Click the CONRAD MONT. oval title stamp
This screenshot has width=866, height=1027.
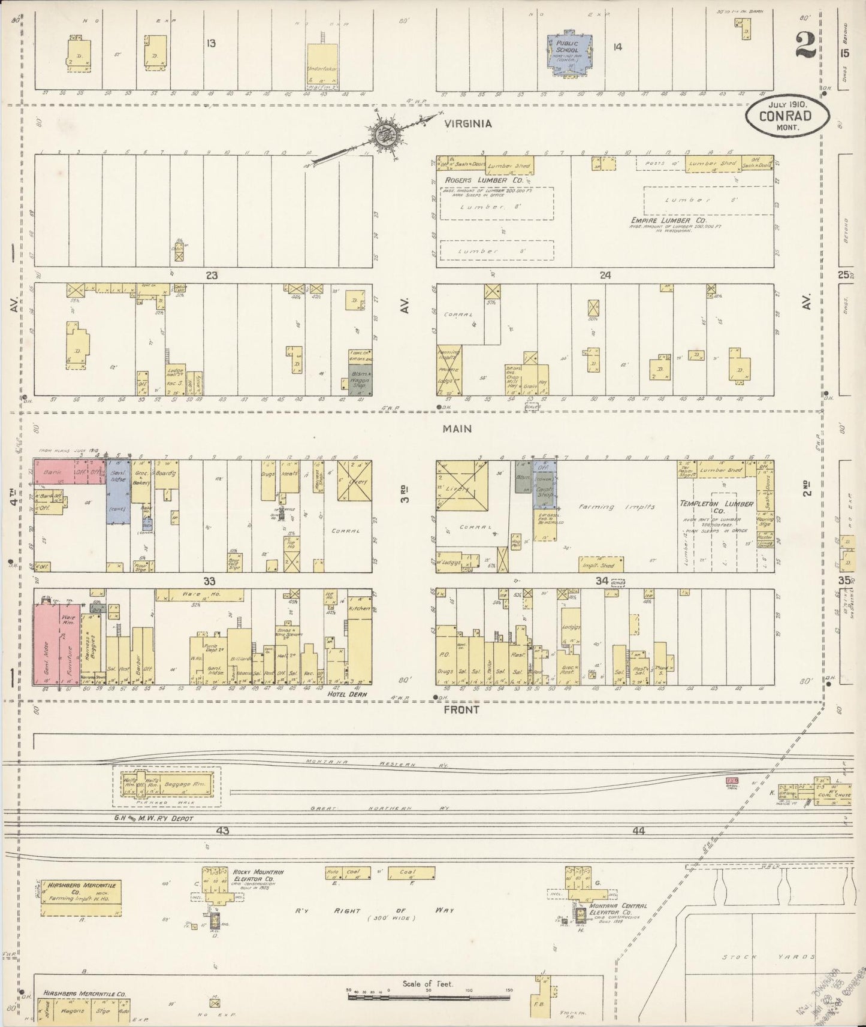click(787, 115)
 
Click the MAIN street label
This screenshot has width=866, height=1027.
click(457, 428)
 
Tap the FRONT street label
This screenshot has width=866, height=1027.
click(461, 709)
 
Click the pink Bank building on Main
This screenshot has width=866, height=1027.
click(54, 472)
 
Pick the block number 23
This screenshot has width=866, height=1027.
click(211, 276)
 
